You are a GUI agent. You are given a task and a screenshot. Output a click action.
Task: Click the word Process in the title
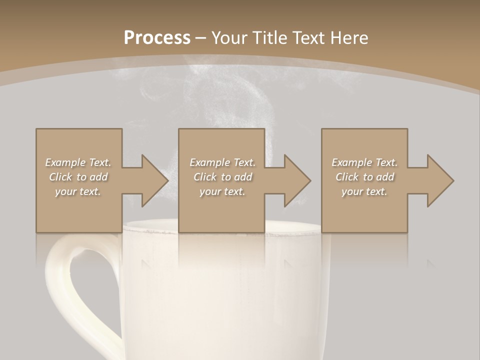coord(157,37)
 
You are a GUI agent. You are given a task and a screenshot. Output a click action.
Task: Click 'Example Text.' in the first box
coord(78,162)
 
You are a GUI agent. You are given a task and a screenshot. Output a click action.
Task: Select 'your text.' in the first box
coord(78,191)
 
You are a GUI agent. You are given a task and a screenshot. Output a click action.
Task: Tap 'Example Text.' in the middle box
coord(222,162)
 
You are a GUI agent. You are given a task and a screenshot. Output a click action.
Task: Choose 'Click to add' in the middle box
coord(222,177)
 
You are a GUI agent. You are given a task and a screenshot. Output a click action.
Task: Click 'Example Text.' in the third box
coord(364,162)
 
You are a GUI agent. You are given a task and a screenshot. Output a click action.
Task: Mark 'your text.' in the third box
coord(364,191)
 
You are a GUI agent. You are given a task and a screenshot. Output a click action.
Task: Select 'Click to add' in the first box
coord(78,177)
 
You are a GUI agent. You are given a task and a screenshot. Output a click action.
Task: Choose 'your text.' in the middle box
coord(222,191)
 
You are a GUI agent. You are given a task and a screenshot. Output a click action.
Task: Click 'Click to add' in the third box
coord(364,177)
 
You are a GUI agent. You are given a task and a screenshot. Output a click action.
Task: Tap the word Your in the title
coord(227,37)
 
